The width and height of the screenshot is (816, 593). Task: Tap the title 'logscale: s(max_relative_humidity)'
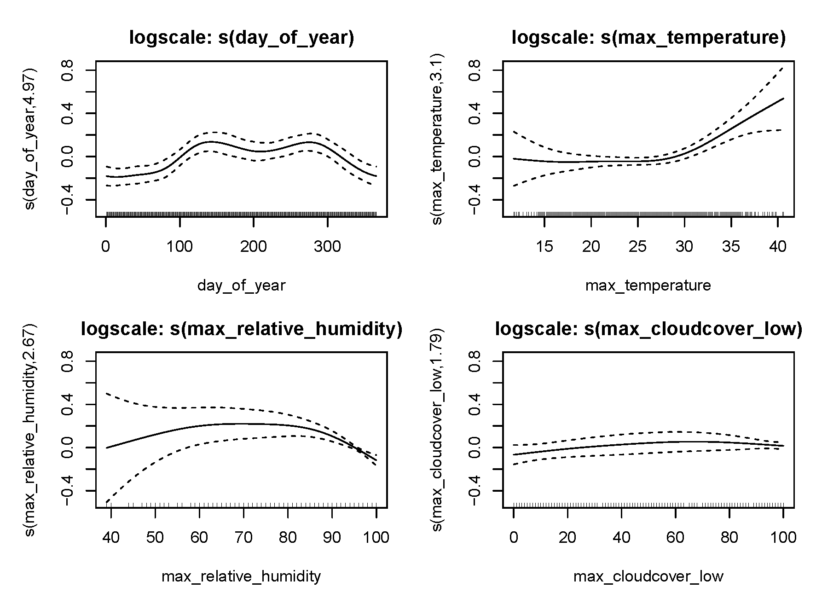(x=242, y=330)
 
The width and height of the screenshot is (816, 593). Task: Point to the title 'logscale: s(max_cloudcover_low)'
(x=648, y=330)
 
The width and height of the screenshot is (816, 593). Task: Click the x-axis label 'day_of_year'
(x=242, y=286)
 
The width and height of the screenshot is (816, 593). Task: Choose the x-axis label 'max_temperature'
(x=648, y=286)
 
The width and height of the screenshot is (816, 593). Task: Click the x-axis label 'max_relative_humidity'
(x=242, y=576)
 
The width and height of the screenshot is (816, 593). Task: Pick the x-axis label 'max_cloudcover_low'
(x=648, y=576)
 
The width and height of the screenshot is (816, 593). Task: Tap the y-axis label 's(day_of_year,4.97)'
(x=31, y=139)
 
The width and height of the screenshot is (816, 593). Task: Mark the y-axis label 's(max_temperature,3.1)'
(x=438, y=139)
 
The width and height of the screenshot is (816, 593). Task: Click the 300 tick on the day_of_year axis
(x=327, y=247)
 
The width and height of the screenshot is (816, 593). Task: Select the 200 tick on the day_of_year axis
(x=254, y=247)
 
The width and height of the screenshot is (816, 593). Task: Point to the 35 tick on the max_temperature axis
(x=731, y=247)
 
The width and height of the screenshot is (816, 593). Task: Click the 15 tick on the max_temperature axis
(x=544, y=247)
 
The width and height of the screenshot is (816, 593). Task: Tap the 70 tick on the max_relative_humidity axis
(x=243, y=537)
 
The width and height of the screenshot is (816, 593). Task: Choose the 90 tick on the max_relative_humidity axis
(x=332, y=537)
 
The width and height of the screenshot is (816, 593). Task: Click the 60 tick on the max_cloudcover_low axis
(x=675, y=537)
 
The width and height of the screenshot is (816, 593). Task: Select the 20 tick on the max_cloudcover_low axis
(x=567, y=537)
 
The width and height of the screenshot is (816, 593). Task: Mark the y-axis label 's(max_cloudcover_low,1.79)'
(x=438, y=430)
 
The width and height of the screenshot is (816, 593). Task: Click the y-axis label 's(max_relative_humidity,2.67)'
(x=31, y=430)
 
